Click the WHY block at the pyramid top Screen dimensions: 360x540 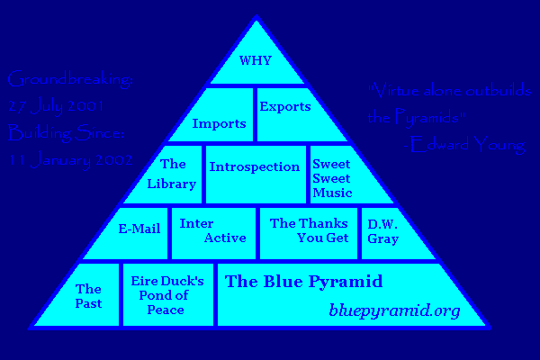(255, 61)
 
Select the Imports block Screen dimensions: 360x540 (220, 122)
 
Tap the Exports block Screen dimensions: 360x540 (285, 108)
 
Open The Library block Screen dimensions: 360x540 (173, 174)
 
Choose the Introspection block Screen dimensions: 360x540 (254, 167)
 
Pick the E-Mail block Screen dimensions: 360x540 (139, 229)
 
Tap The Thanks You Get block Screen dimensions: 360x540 (309, 230)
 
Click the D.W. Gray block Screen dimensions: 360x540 (382, 231)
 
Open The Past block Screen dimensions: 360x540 (88, 295)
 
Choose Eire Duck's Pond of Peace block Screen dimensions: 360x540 (168, 295)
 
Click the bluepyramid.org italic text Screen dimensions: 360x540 (394, 311)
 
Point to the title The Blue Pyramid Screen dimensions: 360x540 (303, 282)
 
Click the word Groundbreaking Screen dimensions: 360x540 (69, 80)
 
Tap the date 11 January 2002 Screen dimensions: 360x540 (70, 160)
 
